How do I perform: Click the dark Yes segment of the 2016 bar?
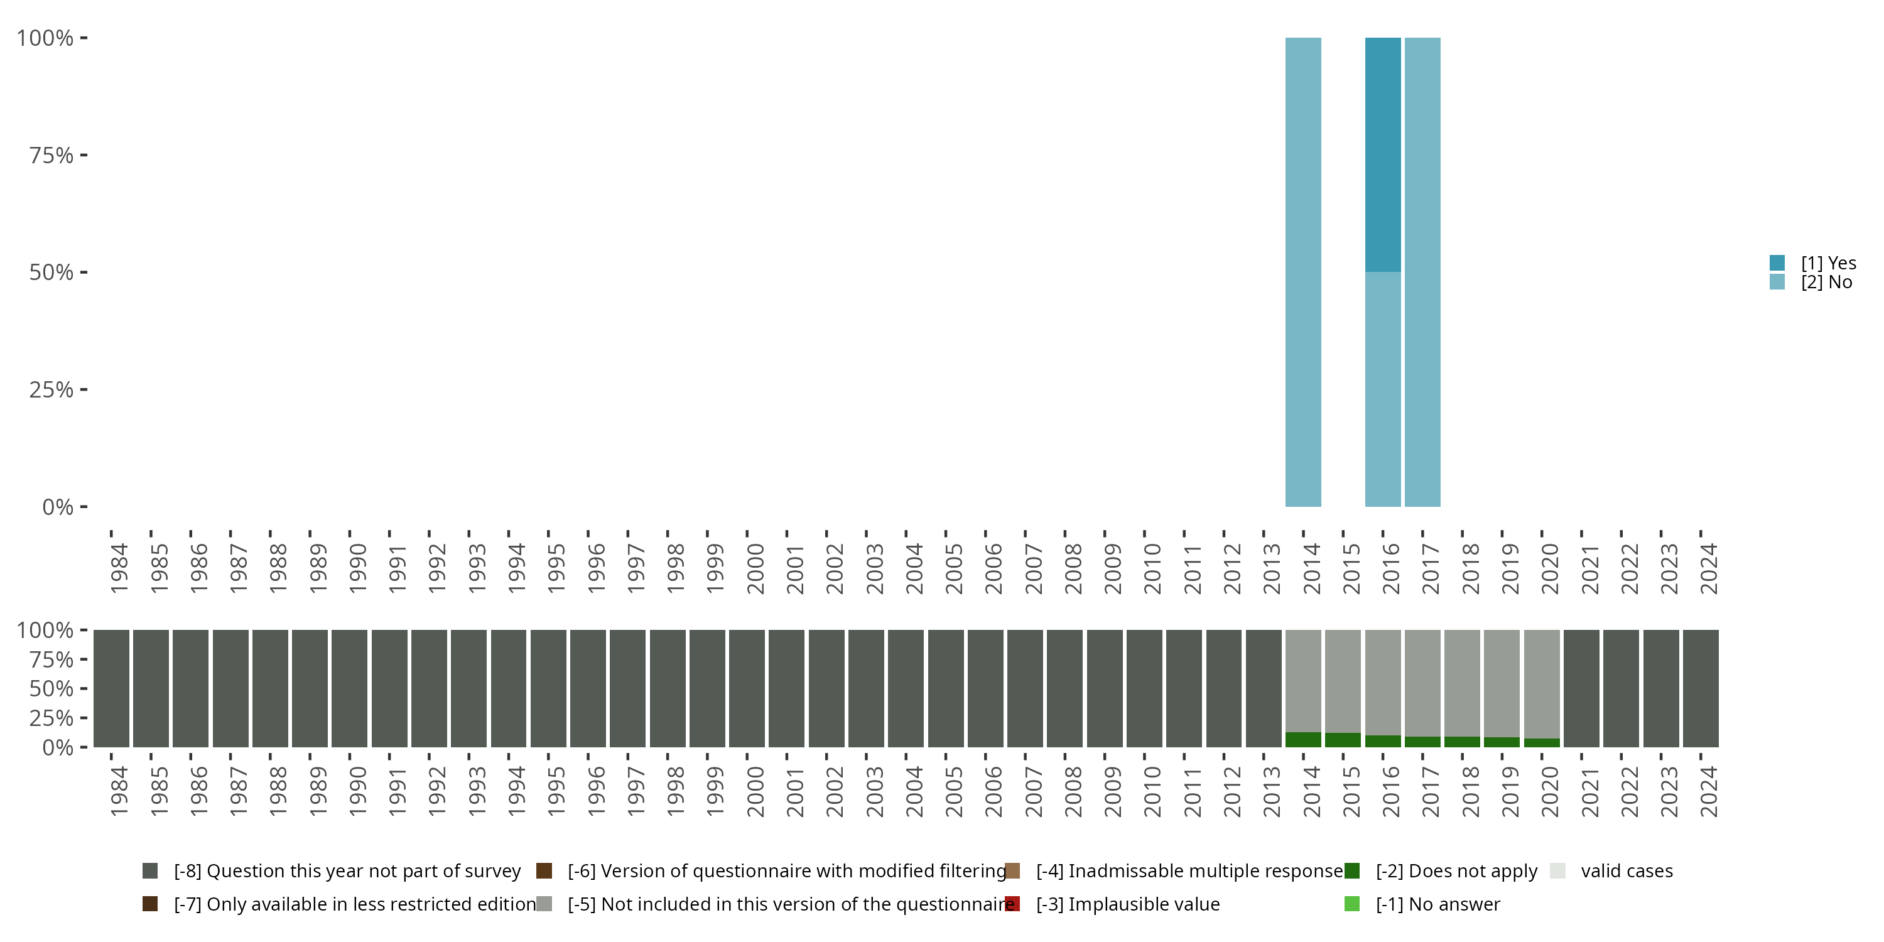click(x=1382, y=154)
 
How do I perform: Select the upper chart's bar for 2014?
click(x=1303, y=271)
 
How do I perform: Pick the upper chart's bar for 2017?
click(x=1422, y=271)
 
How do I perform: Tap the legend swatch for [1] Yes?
click(x=1777, y=263)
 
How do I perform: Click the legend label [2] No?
click(x=1826, y=283)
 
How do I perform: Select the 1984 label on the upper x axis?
click(x=119, y=568)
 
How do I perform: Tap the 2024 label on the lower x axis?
click(x=1708, y=791)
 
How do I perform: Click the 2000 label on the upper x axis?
click(x=755, y=568)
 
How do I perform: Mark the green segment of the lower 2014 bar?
click(x=1303, y=739)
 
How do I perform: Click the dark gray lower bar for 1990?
click(x=350, y=688)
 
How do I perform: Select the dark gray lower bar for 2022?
click(x=1621, y=688)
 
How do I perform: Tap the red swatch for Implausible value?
click(x=1012, y=904)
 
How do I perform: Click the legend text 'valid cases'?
click(x=1627, y=871)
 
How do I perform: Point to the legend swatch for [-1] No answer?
click(x=1351, y=904)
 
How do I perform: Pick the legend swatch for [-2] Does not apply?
click(x=1351, y=871)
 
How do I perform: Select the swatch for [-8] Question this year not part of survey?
click(x=150, y=871)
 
